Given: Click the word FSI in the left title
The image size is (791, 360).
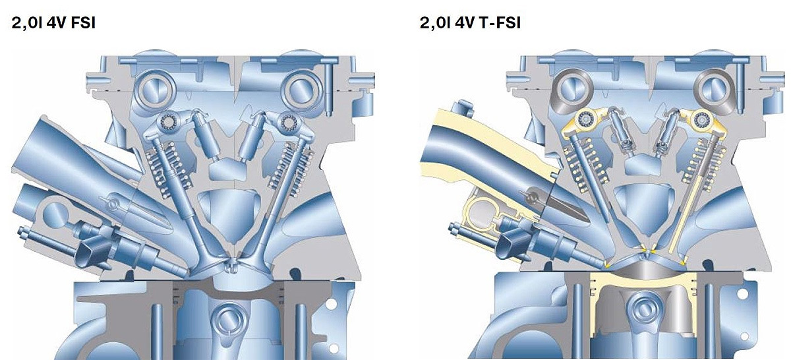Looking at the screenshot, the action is click(83, 23).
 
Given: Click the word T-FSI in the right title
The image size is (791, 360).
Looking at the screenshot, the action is click(500, 23).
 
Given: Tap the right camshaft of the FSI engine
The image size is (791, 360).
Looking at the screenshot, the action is click(301, 90).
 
